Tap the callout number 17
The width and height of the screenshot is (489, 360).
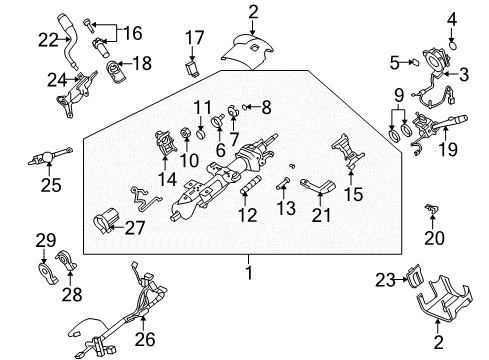(194, 40)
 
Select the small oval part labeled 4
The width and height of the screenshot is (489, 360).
(451, 43)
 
